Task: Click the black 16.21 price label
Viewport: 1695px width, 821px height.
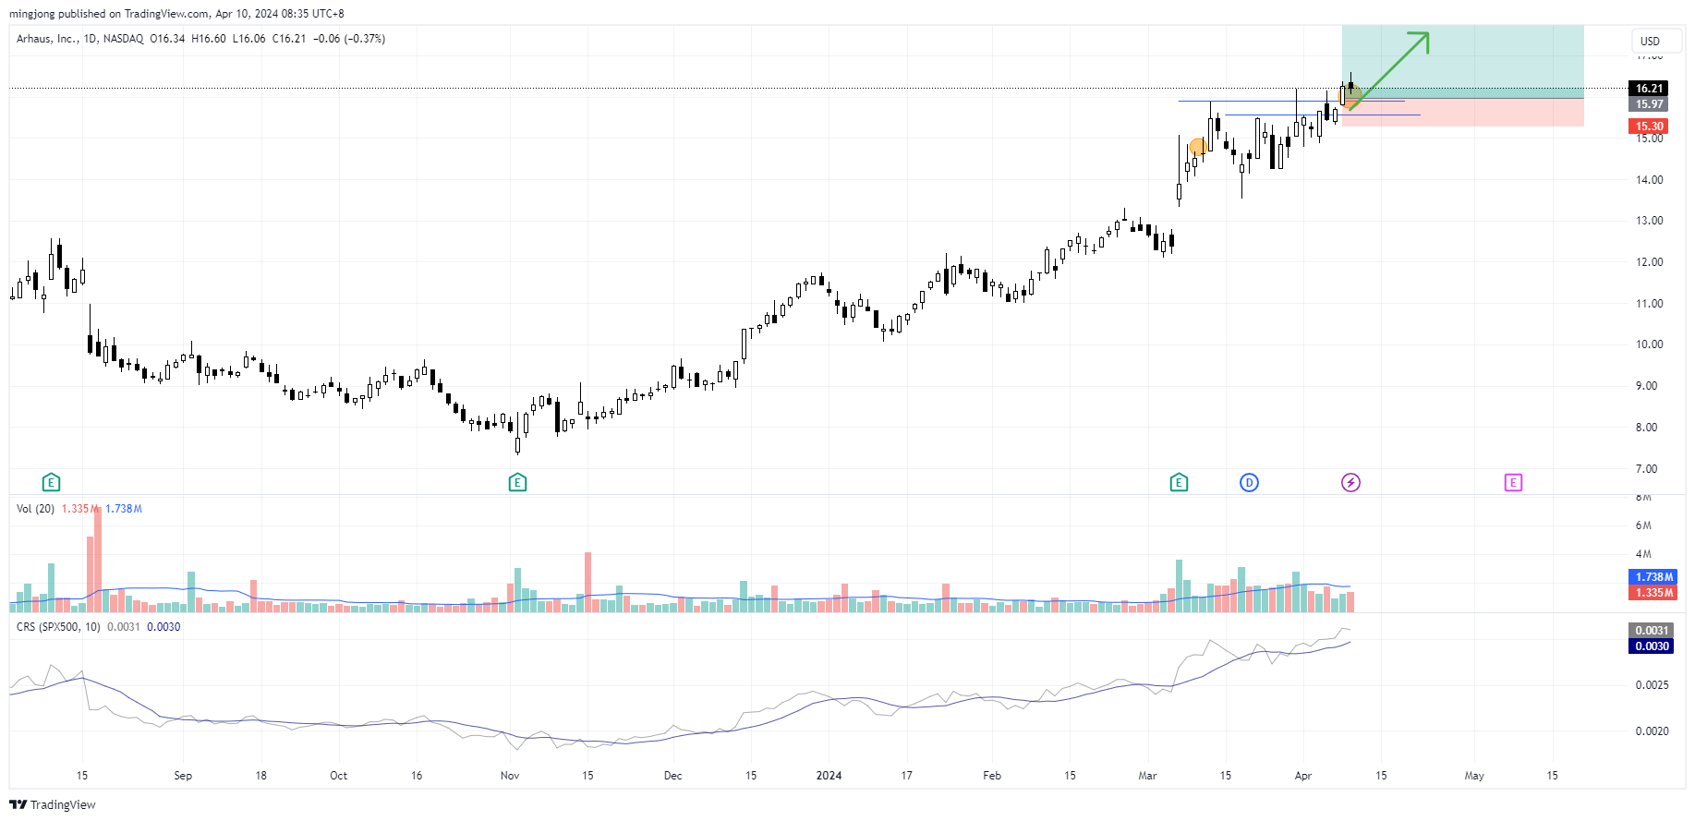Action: (x=1649, y=89)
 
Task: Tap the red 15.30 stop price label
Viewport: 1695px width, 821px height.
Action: (x=1649, y=127)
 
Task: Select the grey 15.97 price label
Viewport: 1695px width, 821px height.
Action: (x=1649, y=104)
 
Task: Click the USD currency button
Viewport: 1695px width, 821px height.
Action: (x=1650, y=41)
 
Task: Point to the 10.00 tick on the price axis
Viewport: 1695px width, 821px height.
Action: (x=1649, y=344)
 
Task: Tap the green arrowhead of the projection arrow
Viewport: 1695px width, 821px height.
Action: (x=1423, y=39)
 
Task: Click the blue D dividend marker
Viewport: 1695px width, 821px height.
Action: (x=1249, y=482)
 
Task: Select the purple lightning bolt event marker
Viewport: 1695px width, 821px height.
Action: (x=1350, y=482)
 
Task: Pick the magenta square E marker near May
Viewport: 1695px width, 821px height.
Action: (x=1513, y=482)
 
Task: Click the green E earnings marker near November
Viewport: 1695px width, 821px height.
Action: (x=517, y=482)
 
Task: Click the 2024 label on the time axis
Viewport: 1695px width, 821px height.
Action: (x=829, y=776)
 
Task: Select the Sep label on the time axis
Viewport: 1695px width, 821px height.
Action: (x=183, y=776)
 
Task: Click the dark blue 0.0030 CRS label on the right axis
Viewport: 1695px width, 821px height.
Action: (x=1652, y=646)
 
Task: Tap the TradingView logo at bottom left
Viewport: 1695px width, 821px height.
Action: (x=53, y=804)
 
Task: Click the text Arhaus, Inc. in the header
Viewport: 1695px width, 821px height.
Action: (x=47, y=39)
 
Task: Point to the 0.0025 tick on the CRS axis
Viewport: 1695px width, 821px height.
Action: (x=1652, y=685)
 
